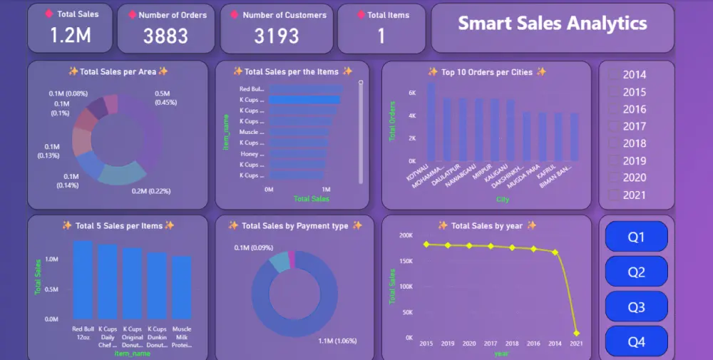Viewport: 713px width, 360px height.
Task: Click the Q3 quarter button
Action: [x=636, y=307]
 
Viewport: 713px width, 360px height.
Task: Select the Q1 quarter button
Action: [x=636, y=237]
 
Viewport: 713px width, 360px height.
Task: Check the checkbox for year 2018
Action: [x=614, y=143]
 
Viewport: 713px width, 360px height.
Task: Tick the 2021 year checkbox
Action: [x=614, y=195]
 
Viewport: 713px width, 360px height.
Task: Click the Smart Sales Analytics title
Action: [x=552, y=24]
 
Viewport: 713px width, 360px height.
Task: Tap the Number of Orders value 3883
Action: [x=165, y=36]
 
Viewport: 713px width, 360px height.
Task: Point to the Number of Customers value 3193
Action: [x=277, y=36]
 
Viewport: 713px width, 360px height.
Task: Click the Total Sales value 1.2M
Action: [x=70, y=36]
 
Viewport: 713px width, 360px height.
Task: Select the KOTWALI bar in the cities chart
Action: [x=431, y=121]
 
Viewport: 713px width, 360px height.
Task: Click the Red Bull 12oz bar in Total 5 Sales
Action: [x=83, y=280]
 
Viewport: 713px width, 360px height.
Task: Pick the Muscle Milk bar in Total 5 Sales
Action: [x=182, y=288]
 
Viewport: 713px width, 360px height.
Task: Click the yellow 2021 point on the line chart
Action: [x=576, y=333]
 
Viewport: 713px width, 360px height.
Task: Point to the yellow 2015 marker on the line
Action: [x=426, y=245]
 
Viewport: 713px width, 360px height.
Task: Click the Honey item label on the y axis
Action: [x=250, y=154]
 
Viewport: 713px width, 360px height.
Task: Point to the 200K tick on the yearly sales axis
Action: [x=405, y=235]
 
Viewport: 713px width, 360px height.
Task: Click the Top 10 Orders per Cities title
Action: [x=486, y=72]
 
